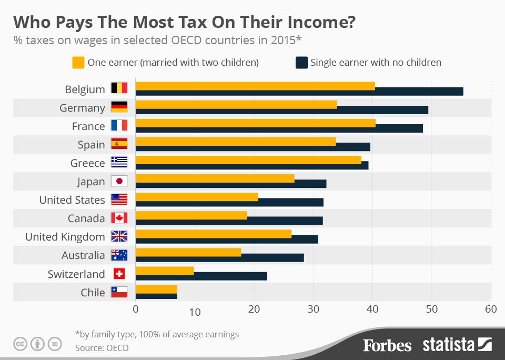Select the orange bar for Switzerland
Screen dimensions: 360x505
165,271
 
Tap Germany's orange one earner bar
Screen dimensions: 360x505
236,104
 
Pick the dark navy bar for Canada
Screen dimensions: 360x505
284,221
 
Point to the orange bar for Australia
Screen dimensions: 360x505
188,252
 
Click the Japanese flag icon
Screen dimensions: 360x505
119,182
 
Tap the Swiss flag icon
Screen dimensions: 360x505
119,274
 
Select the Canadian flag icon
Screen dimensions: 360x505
119,218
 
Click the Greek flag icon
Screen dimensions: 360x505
119,163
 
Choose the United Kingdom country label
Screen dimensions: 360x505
65,237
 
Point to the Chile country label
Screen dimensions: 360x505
93,293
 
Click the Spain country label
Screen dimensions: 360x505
92,145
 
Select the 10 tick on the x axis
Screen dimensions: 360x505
195,312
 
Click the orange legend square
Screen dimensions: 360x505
78,63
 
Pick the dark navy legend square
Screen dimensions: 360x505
301,63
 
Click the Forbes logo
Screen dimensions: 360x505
387,345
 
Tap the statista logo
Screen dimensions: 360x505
457,345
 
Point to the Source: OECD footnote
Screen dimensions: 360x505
102,347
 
